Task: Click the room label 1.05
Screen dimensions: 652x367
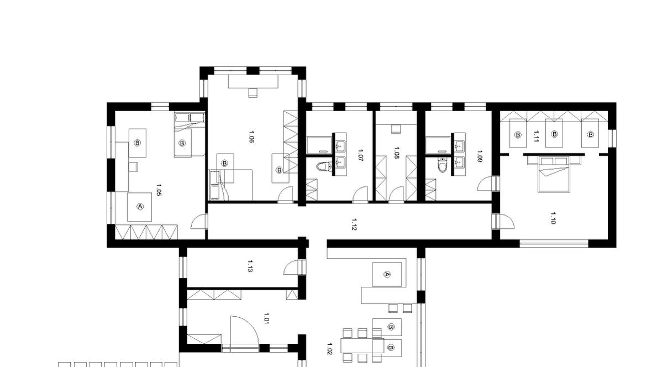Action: [x=159, y=190]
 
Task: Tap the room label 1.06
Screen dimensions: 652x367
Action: [x=251, y=137]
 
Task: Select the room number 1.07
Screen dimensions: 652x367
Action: [x=360, y=156]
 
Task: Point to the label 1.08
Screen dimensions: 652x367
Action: [x=396, y=153]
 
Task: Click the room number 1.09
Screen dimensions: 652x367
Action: [x=480, y=156]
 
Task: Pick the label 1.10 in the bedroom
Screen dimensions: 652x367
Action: [x=553, y=218]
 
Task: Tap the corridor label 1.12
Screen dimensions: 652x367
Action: [x=354, y=225]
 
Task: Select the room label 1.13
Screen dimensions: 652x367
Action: [x=250, y=266]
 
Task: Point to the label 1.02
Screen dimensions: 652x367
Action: [x=329, y=349]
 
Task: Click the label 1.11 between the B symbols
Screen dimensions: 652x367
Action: [x=536, y=136]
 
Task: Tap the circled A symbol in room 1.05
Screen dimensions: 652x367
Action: [x=140, y=206]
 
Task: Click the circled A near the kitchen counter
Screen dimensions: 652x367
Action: [x=387, y=274]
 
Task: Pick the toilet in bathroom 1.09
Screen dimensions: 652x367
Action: [x=443, y=165]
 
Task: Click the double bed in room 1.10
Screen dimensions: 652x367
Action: [x=553, y=174]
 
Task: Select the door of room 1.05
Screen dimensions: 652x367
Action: [x=199, y=222]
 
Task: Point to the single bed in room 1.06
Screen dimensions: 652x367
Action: [x=231, y=185]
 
